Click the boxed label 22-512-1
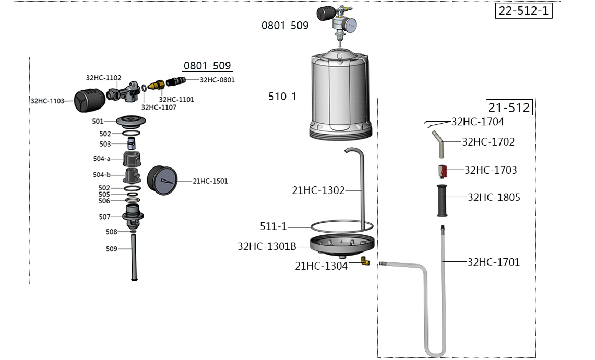coord(523,10)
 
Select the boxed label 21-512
coord(509,107)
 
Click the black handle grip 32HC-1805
coord(443,200)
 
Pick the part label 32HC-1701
coord(494,262)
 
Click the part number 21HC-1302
coord(318,191)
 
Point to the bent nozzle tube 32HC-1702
coord(439,143)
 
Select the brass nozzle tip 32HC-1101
coord(155,85)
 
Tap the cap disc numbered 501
coord(130,122)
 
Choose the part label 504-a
coord(102,159)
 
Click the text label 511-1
coord(273,226)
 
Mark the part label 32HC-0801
coord(217,80)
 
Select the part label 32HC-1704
coord(478,122)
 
